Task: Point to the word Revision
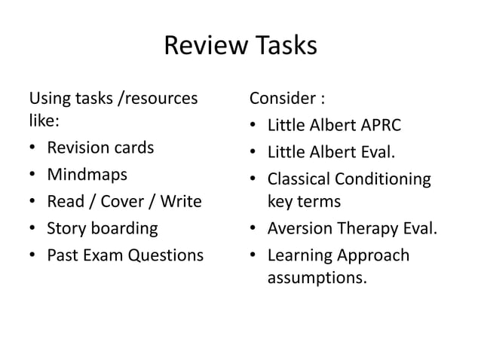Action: coord(79,147)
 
